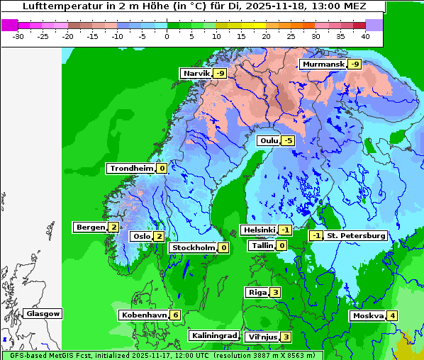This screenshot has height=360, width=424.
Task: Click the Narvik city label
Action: (197, 73)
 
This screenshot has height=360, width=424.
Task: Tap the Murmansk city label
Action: (323, 64)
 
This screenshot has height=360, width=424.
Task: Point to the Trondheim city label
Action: (131, 168)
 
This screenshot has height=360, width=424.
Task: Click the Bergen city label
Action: (90, 227)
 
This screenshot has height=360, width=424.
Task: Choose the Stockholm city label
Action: (193, 247)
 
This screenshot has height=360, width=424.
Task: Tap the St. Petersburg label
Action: (355, 235)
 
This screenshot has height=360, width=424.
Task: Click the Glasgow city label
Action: (43, 313)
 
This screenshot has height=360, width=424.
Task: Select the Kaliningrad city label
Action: (213, 335)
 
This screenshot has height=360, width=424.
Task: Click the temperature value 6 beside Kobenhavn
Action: (175, 315)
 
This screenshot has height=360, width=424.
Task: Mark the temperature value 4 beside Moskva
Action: (392, 315)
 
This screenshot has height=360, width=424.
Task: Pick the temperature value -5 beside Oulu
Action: (287, 140)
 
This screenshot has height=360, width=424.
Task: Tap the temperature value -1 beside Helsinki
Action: (284, 230)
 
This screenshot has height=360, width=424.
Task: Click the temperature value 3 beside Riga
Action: (275, 292)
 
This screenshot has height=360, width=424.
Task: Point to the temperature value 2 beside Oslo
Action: (159, 236)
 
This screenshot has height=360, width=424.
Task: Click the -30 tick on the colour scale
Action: (18, 35)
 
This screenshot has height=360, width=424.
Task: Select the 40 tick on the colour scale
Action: (365, 35)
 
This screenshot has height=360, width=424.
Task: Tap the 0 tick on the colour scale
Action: (167, 35)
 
